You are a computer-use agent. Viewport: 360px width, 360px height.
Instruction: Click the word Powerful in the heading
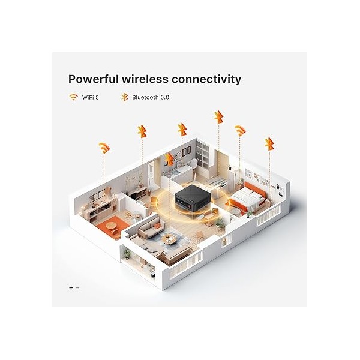tap(94, 79)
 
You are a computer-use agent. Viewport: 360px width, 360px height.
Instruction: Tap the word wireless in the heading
tap(145, 79)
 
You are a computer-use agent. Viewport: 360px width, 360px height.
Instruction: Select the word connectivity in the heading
tap(206, 80)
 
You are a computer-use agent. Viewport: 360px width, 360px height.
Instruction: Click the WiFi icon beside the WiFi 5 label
tap(73, 97)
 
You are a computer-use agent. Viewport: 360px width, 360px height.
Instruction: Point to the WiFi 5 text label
tap(91, 97)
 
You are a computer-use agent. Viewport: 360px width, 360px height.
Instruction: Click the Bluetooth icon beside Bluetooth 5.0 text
tap(124, 97)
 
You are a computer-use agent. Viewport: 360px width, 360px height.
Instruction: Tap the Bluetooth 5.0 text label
tap(151, 97)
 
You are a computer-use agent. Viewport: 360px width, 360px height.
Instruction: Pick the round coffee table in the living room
tap(169, 239)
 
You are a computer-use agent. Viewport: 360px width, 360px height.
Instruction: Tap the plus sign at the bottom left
tap(71, 287)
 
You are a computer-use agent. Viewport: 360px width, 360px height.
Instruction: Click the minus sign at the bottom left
tap(77, 287)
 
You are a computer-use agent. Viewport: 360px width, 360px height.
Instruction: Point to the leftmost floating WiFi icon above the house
tap(104, 148)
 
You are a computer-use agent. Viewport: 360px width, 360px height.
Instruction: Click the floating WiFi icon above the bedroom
tap(240, 131)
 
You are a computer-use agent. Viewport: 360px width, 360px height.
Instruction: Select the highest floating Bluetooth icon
tap(219, 118)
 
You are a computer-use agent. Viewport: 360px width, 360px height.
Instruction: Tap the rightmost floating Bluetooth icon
tap(269, 144)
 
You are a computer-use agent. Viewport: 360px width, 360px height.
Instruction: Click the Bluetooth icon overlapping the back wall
tap(169, 160)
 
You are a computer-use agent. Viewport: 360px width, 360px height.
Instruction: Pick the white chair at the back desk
tap(193, 165)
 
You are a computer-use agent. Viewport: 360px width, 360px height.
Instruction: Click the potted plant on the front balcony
tap(127, 254)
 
